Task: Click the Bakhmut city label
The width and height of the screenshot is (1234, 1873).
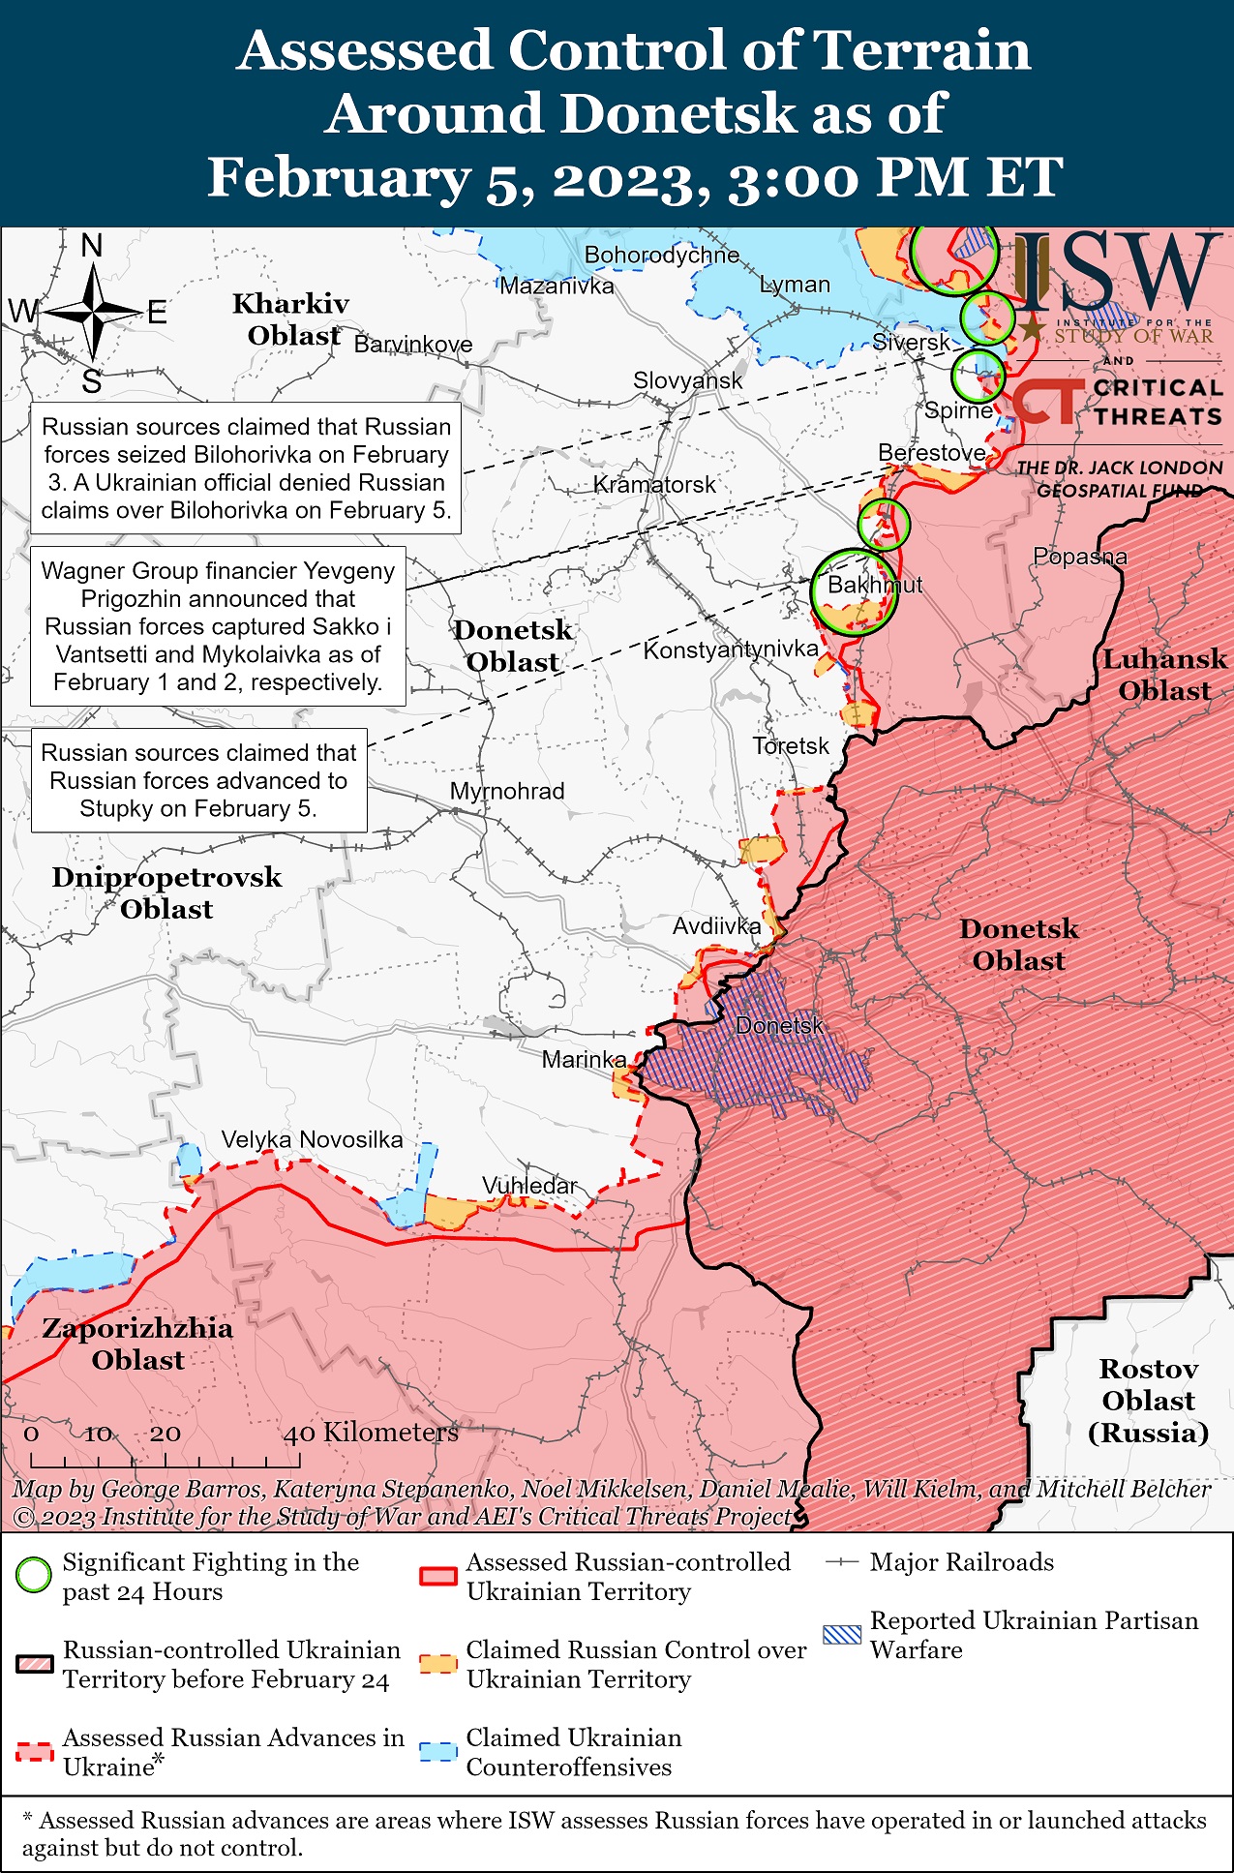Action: [874, 585]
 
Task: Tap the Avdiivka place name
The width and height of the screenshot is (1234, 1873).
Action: [716, 926]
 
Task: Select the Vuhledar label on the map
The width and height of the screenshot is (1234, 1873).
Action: [529, 1186]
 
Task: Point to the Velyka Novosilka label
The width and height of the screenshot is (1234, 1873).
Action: [312, 1139]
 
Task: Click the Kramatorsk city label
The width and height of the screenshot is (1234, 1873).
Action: [654, 484]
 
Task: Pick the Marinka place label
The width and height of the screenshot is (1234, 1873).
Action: [584, 1060]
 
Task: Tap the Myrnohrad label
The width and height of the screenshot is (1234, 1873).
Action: [507, 791]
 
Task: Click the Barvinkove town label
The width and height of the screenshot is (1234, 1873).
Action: [413, 345]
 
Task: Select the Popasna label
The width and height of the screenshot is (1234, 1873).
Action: [1080, 557]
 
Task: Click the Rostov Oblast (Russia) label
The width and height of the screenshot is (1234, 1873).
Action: [1148, 1401]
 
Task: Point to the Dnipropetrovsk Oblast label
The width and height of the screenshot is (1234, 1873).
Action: [166, 892]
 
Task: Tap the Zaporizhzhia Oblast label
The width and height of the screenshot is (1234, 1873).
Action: [137, 1344]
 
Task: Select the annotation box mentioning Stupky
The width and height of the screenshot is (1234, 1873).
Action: [198, 780]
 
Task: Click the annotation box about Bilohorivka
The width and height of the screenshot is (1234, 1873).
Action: [246, 468]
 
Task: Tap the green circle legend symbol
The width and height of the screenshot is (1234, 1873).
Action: [34, 1576]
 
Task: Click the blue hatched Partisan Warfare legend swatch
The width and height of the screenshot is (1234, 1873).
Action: [841, 1635]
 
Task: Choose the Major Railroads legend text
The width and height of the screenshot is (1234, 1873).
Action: [961, 1562]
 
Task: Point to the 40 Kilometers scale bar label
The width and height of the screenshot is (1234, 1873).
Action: [371, 1433]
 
